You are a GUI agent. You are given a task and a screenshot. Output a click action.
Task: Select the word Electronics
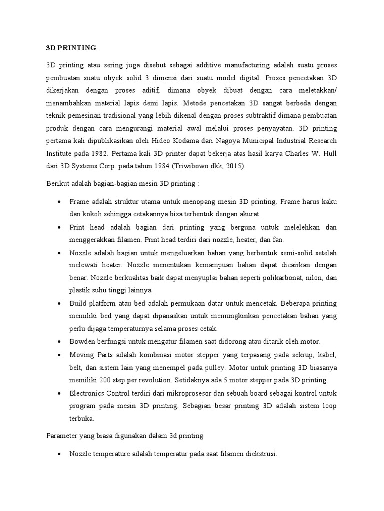[88, 393]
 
